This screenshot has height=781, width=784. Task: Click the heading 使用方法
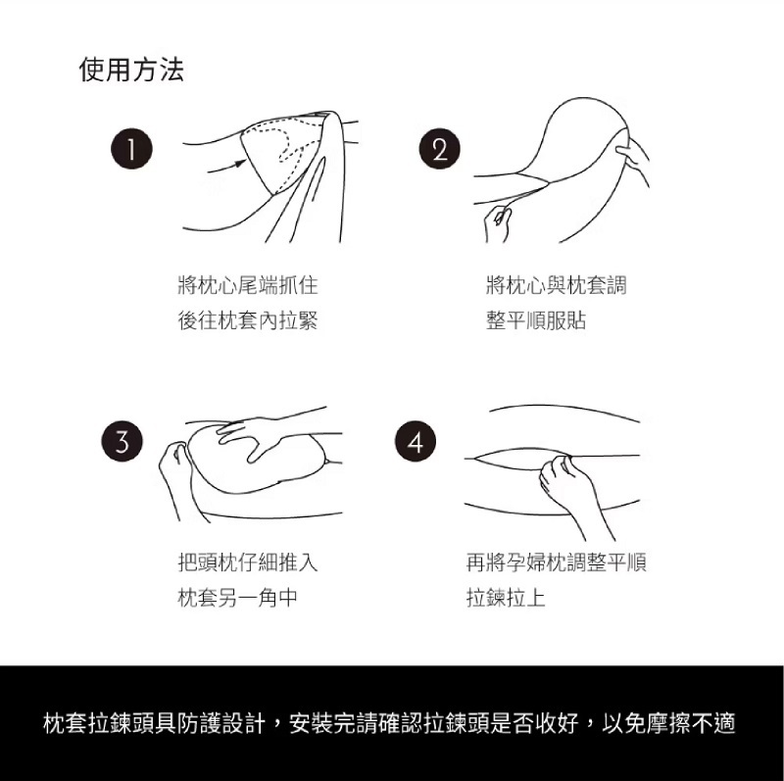[131, 69]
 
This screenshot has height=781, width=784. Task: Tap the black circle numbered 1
[131, 149]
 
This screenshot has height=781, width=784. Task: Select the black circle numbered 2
[439, 149]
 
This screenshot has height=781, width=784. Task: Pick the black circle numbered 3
[122, 441]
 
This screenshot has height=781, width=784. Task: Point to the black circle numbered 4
[416, 441]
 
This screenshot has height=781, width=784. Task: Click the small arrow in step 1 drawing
[226, 166]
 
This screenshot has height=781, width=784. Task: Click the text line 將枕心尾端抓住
[248, 285]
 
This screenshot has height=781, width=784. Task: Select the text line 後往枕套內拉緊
[248, 320]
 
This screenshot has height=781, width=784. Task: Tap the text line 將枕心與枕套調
[556, 285]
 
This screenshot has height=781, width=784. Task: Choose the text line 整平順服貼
[536, 320]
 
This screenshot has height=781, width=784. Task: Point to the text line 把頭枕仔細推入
[248, 562]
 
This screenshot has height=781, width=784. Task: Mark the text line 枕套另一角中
[238, 597]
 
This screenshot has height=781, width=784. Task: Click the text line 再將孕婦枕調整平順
[556, 562]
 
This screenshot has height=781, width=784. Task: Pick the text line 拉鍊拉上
[506, 597]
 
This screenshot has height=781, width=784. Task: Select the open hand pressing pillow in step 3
[260, 435]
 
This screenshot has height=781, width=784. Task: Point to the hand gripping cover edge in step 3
[176, 475]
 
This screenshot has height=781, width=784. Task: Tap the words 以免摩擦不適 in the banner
[668, 723]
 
